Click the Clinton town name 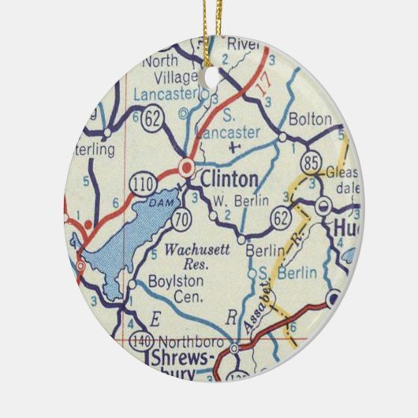pos(228,179)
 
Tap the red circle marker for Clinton pos(187,166)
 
